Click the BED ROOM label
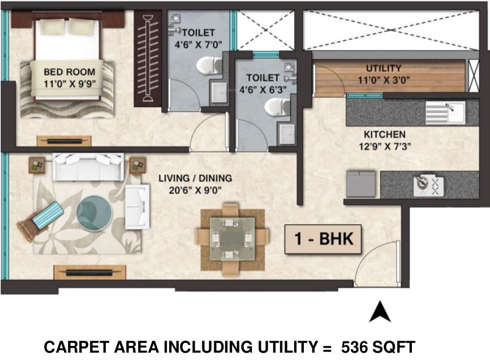click(70, 72)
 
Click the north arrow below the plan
click(380, 312)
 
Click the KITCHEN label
click(384, 135)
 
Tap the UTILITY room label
click(383, 68)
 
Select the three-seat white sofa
click(87, 166)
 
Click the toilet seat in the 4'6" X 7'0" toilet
click(207, 66)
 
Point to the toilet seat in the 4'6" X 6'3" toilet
click(276, 106)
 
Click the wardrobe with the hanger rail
click(149, 60)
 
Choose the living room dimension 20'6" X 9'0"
click(195, 191)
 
